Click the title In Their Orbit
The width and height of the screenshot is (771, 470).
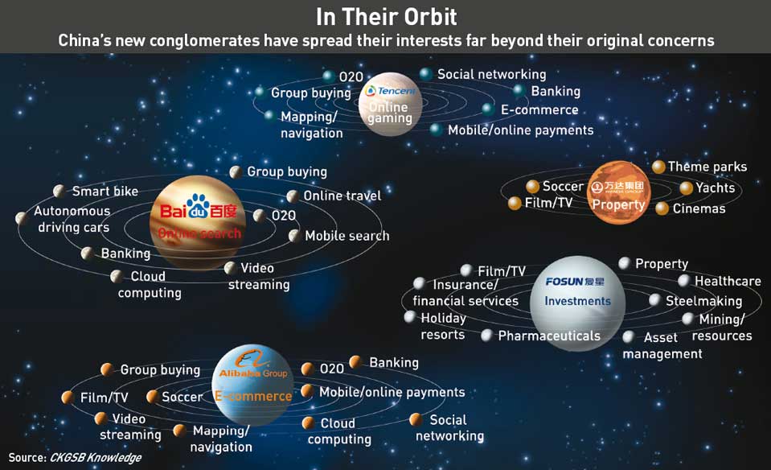click(x=386, y=17)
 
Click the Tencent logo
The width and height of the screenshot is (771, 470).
click(x=391, y=91)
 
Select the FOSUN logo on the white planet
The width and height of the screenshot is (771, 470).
click(x=575, y=282)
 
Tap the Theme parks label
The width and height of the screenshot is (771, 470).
click(x=707, y=167)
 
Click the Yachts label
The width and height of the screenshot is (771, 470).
click(x=715, y=188)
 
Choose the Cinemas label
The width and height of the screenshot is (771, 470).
click(x=699, y=208)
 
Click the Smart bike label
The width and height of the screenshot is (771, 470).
click(x=105, y=191)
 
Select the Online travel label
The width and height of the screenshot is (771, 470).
click(x=342, y=196)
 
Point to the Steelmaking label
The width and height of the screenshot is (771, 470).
click(x=703, y=301)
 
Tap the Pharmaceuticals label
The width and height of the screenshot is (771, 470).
click(x=549, y=336)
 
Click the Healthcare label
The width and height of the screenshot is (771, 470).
click(x=728, y=281)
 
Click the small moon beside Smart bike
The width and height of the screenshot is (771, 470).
click(x=59, y=191)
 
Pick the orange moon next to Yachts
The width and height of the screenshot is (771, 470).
click(x=686, y=188)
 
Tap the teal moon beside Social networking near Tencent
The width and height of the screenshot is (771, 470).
click(x=426, y=74)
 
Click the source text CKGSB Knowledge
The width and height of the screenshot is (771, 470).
click(x=96, y=458)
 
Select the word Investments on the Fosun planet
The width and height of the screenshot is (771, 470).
click(x=577, y=301)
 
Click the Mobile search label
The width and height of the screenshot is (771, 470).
click(x=347, y=236)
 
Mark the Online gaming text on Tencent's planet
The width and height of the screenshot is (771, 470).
click(x=390, y=113)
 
